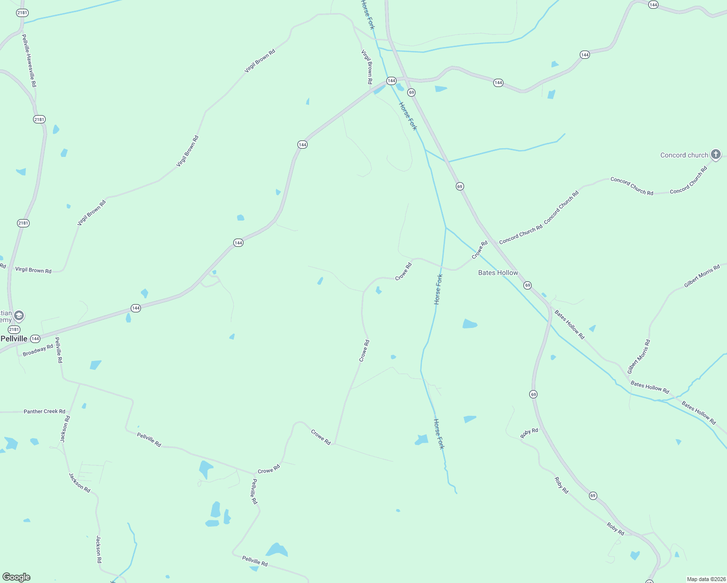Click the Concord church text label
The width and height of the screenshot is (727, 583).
pyautogui.click(x=684, y=155)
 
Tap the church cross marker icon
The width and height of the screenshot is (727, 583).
pyautogui.click(x=715, y=154)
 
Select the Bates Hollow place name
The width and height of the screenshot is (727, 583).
pyautogui.click(x=498, y=273)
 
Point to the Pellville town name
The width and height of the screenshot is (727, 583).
pyautogui.click(x=14, y=339)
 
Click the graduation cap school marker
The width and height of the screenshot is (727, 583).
pyautogui.click(x=19, y=316)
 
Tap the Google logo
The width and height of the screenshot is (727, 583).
pyautogui.click(x=17, y=577)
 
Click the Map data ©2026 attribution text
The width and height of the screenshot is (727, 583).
pyautogui.click(x=705, y=579)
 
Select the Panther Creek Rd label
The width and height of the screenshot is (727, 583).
pyautogui.click(x=44, y=412)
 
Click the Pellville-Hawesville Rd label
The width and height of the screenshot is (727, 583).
pyautogui.click(x=29, y=61)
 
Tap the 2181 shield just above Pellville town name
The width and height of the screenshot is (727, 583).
pyautogui.click(x=14, y=329)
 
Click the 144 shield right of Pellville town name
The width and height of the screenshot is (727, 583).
pyautogui.click(x=35, y=339)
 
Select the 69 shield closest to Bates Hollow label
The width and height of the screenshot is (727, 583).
pyautogui.click(x=527, y=285)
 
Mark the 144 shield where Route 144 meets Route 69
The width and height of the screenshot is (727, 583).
pyautogui.click(x=391, y=81)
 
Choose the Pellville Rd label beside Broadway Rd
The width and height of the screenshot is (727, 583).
pyautogui.click(x=59, y=350)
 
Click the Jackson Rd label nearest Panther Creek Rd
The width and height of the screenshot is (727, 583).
pyautogui.click(x=65, y=429)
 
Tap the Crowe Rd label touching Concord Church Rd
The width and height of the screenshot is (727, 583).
pyautogui.click(x=479, y=250)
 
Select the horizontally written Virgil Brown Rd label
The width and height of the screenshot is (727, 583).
pyautogui.click(x=33, y=270)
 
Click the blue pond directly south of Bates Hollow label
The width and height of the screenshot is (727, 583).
pyautogui.click(x=469, y=324)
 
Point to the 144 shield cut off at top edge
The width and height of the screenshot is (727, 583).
pyautogui.click(x=653, y=4)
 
